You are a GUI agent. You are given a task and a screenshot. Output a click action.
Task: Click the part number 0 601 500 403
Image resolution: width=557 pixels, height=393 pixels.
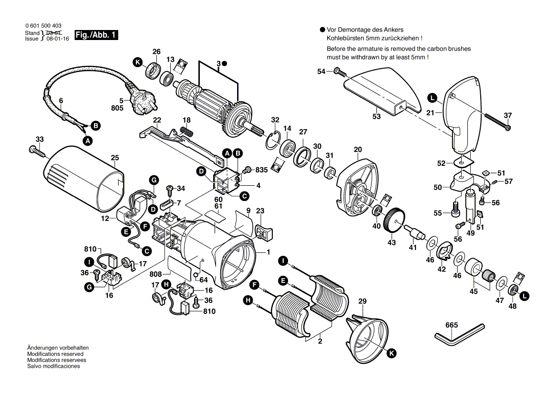click(42, 26)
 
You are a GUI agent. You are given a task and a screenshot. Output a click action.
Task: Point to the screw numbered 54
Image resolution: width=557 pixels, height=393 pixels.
click(339, 71)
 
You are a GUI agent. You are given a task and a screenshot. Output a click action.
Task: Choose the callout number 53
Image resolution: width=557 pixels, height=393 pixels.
click(376, 116)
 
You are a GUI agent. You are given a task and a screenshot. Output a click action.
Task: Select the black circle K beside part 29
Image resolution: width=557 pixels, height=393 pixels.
click(392, 353)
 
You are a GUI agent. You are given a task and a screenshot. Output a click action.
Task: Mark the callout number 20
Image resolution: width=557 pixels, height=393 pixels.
click(358, 150)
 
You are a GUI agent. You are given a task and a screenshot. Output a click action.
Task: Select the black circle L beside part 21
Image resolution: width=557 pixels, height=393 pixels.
click(432, 99)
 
